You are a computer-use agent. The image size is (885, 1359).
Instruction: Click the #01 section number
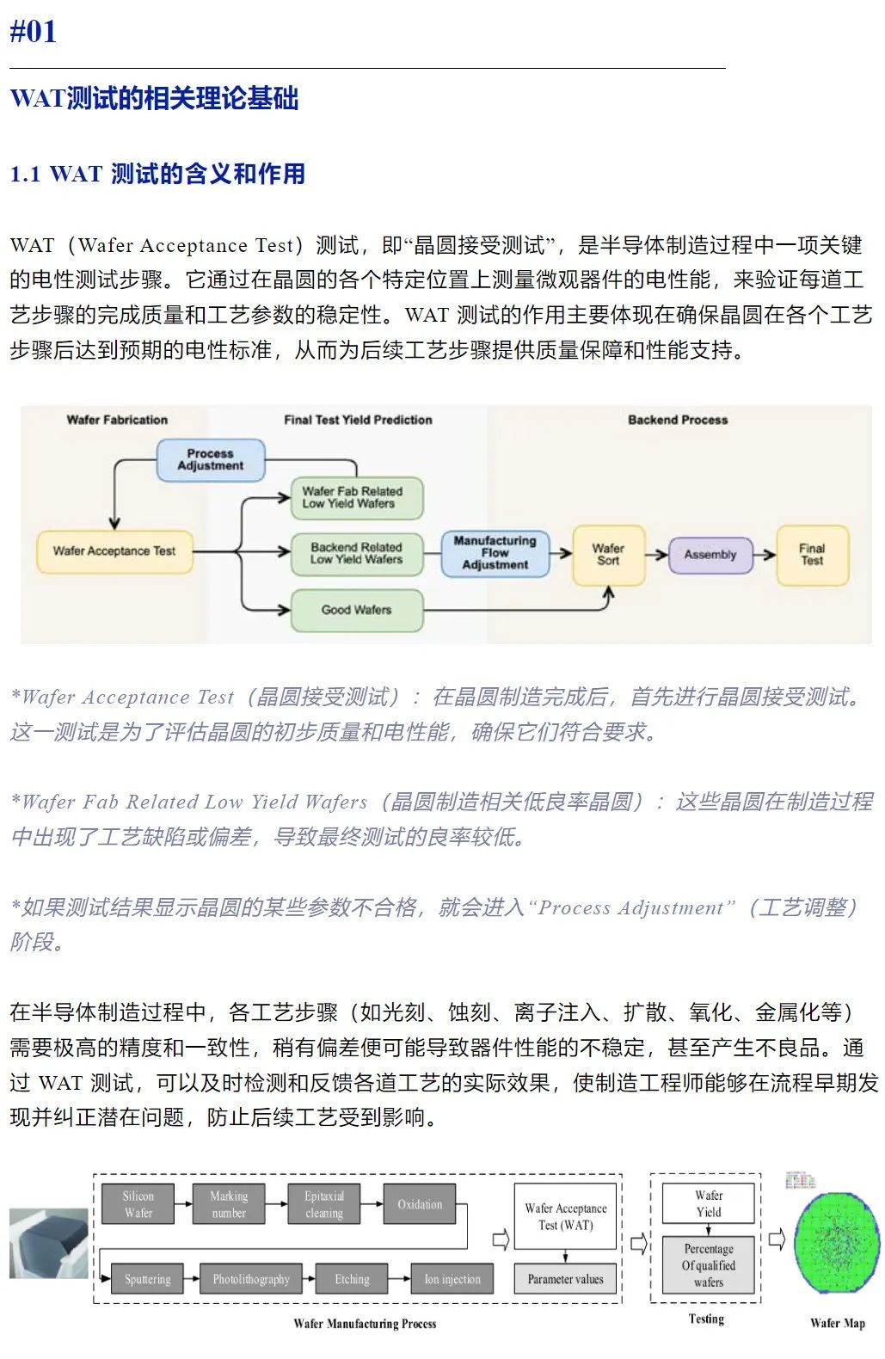(x=34, y=32)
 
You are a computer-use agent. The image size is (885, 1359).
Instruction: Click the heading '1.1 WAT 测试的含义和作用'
(x=157, y=174)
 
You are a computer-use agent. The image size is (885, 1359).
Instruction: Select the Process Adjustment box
(x=210, y=459)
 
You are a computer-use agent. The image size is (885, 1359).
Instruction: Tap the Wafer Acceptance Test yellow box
(x=114, y=550)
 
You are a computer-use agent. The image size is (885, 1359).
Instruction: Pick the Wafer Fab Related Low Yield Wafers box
(x=356, y=497)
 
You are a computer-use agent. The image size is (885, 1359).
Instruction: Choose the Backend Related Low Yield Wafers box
(x=356, y=553)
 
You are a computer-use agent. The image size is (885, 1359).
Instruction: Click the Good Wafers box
(x=356, y=610)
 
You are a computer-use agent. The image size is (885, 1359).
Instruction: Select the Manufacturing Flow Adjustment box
(x=495, y=553)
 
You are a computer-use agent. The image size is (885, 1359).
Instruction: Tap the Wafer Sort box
(x=608, y=554)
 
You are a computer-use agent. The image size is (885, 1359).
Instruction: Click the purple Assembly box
(x=710, y=555)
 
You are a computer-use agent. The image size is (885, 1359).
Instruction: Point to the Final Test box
(x=812, y=554)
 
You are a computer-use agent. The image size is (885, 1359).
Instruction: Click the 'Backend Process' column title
(x=678, y=420)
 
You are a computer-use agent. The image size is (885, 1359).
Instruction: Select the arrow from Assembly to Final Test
(x=765, y=555)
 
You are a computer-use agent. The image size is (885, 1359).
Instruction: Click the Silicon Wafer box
(x=138, y=1204)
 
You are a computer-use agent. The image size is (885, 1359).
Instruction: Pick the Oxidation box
(x=420, y=1204)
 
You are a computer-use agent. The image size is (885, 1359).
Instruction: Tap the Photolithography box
(x=251, y=1279)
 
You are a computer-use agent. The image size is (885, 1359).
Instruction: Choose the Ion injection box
(x=452, y=1279)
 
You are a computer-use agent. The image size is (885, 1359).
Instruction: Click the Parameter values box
(x=565, y=1279)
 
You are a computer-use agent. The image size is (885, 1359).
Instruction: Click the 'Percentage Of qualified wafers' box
(x=708, y=1265)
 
